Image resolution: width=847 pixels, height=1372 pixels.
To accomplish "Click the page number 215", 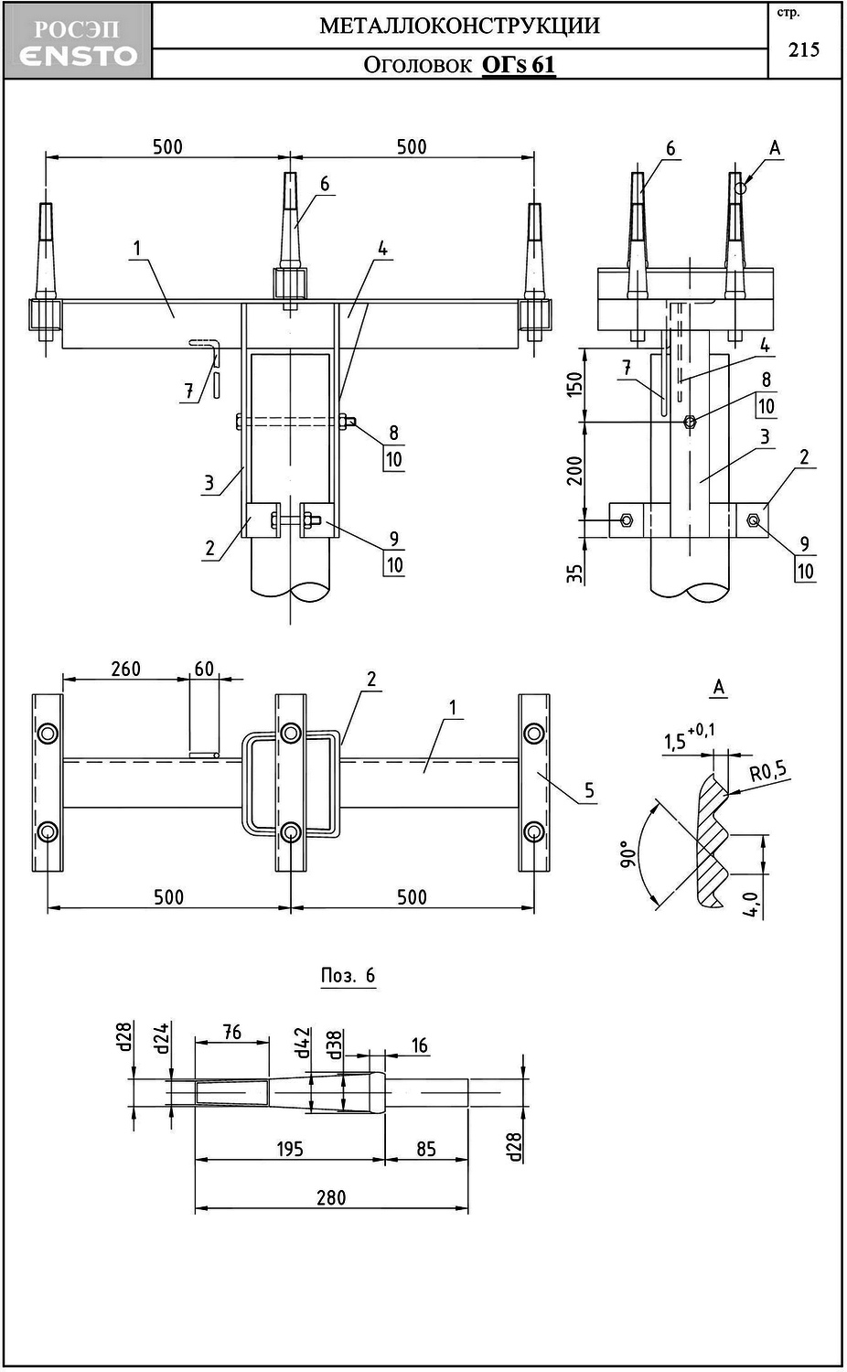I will (x=804, y=49).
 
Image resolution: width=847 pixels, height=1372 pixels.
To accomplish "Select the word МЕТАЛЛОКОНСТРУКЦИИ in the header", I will (x=459, y=26).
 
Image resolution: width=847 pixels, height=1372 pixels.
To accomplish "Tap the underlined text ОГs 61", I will (x=518, y=65).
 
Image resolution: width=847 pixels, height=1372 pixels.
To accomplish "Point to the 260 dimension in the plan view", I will (x=125, y=669).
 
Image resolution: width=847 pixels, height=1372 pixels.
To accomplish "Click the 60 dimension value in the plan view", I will (x=204, y=669).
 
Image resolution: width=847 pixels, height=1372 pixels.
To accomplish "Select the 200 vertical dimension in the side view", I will (x=574, y=470).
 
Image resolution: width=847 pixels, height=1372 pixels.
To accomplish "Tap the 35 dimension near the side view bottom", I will (x=574, y=573).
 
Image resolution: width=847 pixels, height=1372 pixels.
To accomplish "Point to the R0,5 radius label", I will (x=767, y=772).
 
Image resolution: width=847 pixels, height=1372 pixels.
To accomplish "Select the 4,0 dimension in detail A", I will (x=751, y=905).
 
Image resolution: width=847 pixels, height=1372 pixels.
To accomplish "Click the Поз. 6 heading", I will (x=348, y=975).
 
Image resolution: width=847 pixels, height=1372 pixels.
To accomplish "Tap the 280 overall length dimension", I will (x=331, y=1197).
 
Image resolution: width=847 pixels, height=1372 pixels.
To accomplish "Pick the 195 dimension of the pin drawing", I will (x=289, y=1149).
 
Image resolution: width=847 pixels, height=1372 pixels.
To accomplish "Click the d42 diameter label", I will (x=304, y=1043).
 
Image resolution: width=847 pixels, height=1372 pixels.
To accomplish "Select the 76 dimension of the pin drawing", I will (x=231, y=1032).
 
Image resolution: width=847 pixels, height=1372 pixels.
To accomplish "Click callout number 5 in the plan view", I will (x=589, y=790).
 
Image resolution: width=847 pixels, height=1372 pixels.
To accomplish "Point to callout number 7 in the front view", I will (x=189, y=391).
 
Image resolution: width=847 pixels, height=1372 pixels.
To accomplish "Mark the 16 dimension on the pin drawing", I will (x=419, y=1045).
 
